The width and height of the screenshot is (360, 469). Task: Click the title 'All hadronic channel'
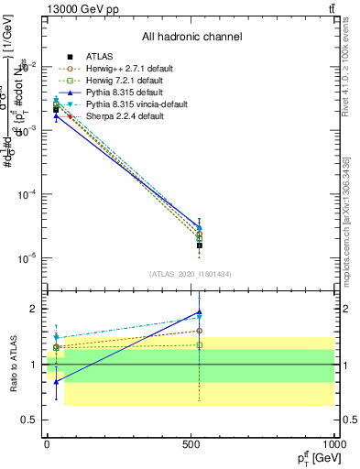(191, 38)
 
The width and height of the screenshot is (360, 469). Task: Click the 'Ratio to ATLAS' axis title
(14, 364)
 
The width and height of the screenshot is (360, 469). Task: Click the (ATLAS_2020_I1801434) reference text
(191, 274)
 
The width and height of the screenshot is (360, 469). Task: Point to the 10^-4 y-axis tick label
(25, 195)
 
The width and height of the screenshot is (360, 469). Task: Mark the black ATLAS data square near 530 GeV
(200, 245)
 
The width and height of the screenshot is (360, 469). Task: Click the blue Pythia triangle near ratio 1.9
(200, 313)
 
